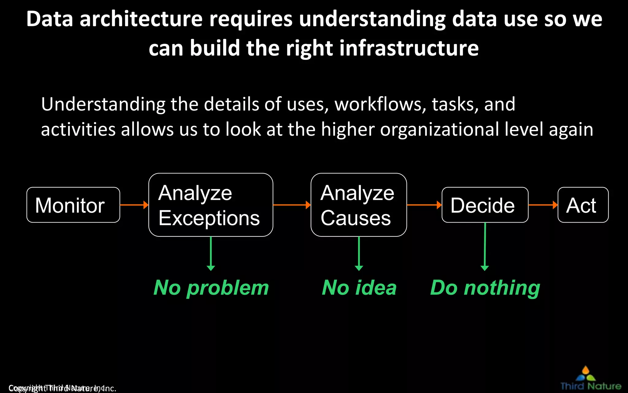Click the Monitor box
click(73, 205)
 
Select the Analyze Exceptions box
click(211, 205)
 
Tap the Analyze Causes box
click(358, 205)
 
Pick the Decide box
click(484, 205)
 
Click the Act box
click(583, 205)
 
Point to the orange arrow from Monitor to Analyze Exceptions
click(134, 205)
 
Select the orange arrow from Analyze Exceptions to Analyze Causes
click(292, 205)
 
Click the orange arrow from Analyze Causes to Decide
click(424, 205)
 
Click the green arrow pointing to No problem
click(211, 253)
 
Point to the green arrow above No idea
click(359, 253)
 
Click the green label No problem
click(211, 288)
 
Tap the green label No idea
click(359, 288)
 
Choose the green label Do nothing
click(485, 288)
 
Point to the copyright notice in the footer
click(62, 388)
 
